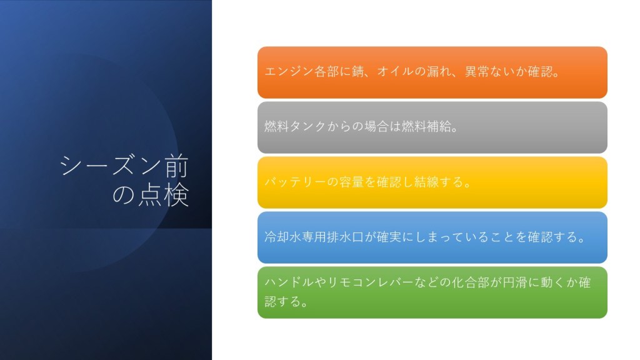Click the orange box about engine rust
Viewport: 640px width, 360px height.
[x=432, y=72]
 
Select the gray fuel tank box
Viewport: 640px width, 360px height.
[x=432, y=127]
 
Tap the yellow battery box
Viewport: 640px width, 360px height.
[x=432, y=182]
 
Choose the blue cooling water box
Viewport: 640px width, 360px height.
[x=432, y=237]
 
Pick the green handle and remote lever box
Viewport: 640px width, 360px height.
[x=432, y=292]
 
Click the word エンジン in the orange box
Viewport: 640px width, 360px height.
[x=289, y=72]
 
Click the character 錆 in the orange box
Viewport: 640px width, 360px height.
[x=358, y=72]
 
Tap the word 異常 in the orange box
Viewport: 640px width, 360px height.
[x=477, y=72]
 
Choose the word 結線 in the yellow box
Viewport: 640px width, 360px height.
[x=426, y=182]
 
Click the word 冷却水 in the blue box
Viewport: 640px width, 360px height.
[x=283, y=237]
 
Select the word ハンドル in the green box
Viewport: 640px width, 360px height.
[x=289, y=282]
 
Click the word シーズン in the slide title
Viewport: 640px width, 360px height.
[x=112, y=166]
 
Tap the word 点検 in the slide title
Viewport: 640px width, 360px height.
[x=164, y=195]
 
